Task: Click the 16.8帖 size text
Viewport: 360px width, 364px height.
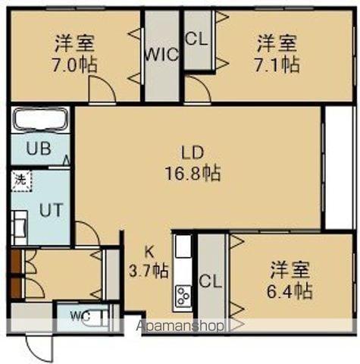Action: (193, 173)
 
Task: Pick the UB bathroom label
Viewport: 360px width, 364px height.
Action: (39, 149)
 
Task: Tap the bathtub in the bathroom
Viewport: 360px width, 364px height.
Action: (41, 121)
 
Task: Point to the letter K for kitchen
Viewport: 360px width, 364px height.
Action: (150, 251)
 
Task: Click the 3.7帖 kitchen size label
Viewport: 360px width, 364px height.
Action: (149, 269)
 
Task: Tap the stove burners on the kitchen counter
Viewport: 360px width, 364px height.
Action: (183, 296)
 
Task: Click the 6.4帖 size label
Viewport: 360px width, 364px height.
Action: (290, 290)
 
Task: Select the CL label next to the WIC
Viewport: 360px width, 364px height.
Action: (196, 37)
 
